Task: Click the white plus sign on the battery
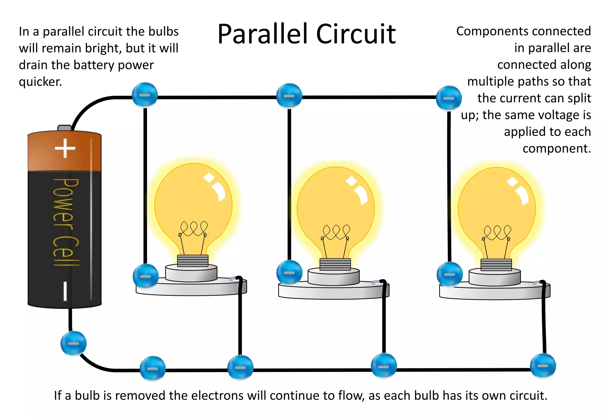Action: tap(65, 148)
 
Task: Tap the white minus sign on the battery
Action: tap(65, 291)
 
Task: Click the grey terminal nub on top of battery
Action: tap(65, 128)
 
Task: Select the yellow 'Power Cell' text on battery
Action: tap(66, 222)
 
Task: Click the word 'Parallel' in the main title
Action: tap(264, 35)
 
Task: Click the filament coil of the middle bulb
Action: tap(336, 232)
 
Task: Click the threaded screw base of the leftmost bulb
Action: tap(193, 261)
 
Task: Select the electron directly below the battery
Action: tap(73, 343)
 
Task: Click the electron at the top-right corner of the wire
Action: tap(449, 98)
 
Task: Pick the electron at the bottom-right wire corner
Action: tap(543, 366)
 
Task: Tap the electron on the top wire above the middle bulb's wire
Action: tap(289, 96)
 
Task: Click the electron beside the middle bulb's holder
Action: tap(289, 272)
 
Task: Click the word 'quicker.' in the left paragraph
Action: tap(40, 82)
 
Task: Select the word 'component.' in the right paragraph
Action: tap(557, 148)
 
